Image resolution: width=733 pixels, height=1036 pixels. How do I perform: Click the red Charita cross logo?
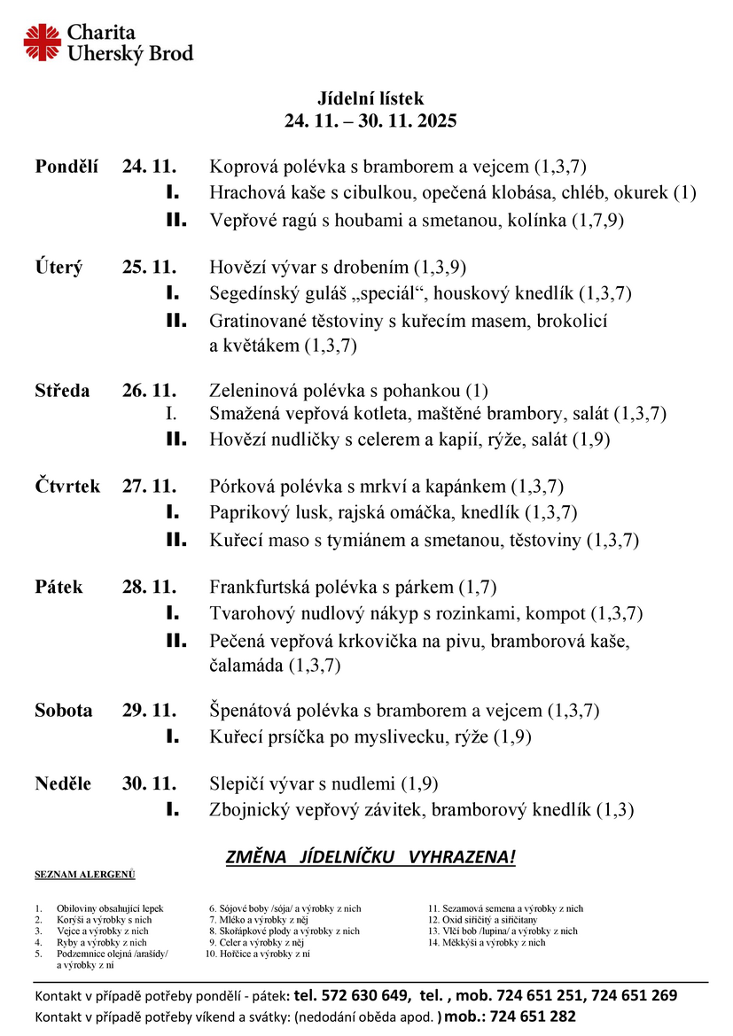(42, 42)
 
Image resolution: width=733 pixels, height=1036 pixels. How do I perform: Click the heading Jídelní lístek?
(370, 98)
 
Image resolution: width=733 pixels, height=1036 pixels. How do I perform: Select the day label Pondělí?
(66, 166)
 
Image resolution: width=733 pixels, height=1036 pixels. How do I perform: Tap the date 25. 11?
(150, 266)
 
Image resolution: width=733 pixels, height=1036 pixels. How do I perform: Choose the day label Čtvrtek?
(67, 486)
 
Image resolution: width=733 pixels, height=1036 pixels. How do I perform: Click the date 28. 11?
(150, 587)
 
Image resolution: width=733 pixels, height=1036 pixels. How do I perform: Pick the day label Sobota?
(64, 710)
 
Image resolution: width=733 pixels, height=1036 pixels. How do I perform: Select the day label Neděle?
(63, 783)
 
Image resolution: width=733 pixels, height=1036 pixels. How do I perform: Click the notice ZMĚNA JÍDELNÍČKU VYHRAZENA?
(370, 857)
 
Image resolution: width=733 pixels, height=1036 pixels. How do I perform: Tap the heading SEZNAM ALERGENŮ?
(85, 876)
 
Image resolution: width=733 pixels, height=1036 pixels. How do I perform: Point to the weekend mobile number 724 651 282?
(528, 1017)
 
